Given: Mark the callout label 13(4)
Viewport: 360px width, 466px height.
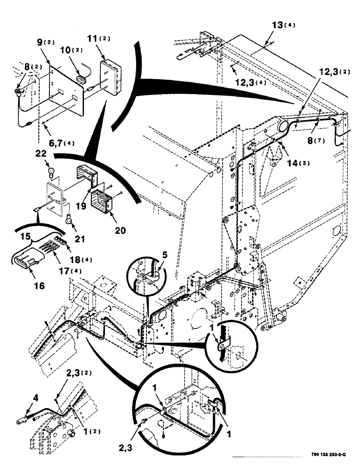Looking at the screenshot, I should pos(277,24).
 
